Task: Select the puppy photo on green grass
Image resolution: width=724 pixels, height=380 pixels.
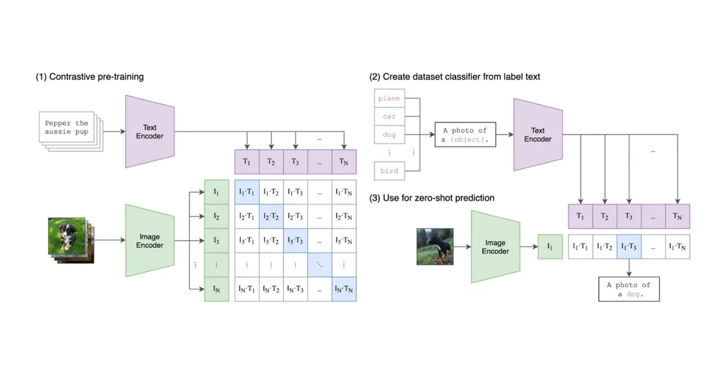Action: pyautogui.click(x=67, y=239)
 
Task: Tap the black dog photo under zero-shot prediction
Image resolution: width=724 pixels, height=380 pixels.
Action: pyautogui.click(x=434, y=246)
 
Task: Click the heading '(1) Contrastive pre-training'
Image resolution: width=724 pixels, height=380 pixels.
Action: pyautogui.click(x=89, y=77)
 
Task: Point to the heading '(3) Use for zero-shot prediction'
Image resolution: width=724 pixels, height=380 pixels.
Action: pyautogui.click(x=431, y=198)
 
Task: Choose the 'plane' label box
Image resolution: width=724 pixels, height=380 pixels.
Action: pyautogui.click(x=389, y=98)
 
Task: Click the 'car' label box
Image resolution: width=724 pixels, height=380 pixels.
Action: pyautogui.click(x=389, y=116)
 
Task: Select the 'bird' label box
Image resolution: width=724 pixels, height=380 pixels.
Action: pyautogui.click(x=389, y=171)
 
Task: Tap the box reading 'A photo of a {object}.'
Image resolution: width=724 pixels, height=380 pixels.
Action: pyautogui.click(x=465, y=135)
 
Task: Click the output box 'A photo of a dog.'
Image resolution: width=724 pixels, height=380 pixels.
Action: pyautogui.click(x=629, y=289)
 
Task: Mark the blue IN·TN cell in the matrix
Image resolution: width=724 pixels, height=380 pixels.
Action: pyautogui.click(x=344, y=290)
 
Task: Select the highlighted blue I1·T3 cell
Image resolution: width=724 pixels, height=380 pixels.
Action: pyautogui.click(x=629, y=246)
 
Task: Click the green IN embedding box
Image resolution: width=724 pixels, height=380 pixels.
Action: pyautogui.click(x=217, y=290)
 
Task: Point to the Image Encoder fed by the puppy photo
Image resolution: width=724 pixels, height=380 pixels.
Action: pyautogui.click(x=150, y=241)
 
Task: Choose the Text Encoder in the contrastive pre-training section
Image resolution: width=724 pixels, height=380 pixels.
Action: pyautogui.click(x=150, y=131)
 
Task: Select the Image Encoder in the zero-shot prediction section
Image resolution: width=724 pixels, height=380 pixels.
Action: pyautogui.click(x=495, y=247)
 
